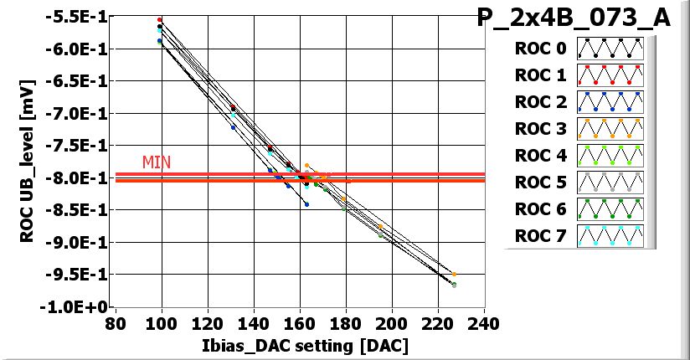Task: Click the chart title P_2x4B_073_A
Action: (574, 18)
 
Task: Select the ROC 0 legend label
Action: (540, 49)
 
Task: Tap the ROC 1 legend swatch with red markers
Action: (610, 75)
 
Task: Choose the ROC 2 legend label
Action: (540, 102)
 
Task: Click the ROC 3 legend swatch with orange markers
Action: (610, 129)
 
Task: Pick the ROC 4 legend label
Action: (540, 156)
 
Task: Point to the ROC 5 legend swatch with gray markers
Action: (610, 183)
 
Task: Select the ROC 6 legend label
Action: (540, 209)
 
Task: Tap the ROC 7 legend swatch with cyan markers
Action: (610, 236)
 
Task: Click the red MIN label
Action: (157, 162)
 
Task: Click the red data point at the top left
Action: (160, 19)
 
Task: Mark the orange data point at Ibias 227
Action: (454, 274)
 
